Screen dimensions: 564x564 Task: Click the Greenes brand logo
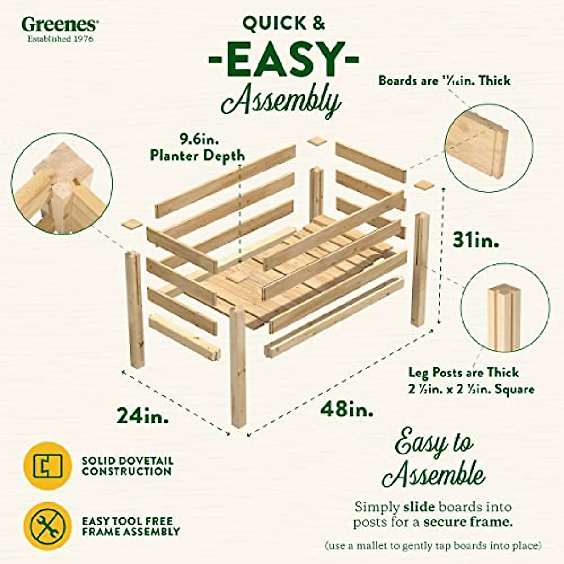tap(60, 24)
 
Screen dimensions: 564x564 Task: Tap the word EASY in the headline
tap(283, 59)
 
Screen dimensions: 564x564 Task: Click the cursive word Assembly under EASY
tap(281, 100)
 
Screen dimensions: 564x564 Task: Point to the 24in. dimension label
tap(143, 415)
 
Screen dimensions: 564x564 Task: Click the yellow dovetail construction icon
tap(48, 465)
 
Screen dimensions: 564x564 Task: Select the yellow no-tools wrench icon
tap(48, 526)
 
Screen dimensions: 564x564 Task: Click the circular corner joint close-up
tap(62, 184)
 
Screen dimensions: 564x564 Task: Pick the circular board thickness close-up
tap(488, 143)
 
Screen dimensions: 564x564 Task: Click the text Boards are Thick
tap(444, 80)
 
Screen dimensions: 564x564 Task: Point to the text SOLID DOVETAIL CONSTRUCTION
tap(127, 466)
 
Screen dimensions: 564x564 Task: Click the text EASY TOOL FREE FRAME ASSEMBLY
tap(131, 526)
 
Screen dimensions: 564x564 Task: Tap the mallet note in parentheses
tap(433, 546)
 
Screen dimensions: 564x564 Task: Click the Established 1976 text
tap(60, 39)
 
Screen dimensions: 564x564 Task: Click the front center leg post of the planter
tap(238, 367)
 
